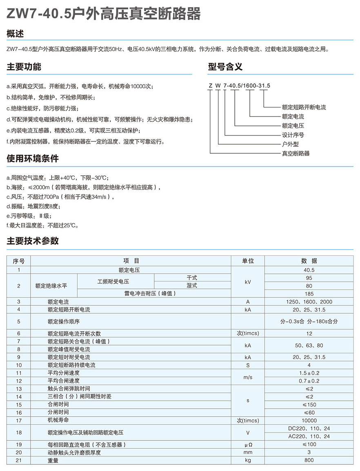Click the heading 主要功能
tap(24, 67)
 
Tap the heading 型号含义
tap(225, 67)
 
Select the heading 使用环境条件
tap(33, 158)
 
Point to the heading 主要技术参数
tap(33, 241)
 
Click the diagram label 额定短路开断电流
tap(304, 107)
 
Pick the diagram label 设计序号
tap(293, 135)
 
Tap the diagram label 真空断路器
tap(296, 153)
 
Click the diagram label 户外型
tap(291, 144)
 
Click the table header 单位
tap(248, 261)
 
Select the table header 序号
tap(19, 261)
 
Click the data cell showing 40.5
tap(309, 270)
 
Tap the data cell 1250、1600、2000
tap(309, 302)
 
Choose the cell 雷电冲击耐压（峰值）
tap(154, 294)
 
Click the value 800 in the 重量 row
tap(309, 460)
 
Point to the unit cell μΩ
tap(248, 444)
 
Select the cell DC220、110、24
tap(309, 429)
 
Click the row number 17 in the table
tap(19, 420)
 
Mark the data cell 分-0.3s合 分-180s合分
tap(309, 321)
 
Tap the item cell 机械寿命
tap(58, 420)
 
